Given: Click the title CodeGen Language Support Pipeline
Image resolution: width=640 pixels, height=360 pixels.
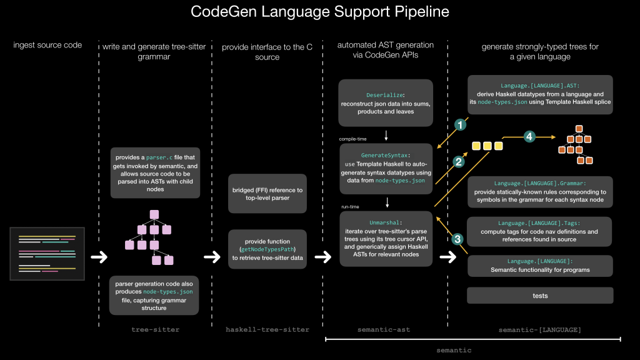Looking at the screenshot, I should [320, 12].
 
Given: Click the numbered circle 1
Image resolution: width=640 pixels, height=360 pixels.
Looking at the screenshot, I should [461, 125].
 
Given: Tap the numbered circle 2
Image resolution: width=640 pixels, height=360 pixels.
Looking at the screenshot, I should [458, 162].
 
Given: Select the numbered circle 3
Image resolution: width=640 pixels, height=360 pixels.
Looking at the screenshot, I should [458, 239].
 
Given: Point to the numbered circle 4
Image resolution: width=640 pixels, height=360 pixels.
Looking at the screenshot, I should [529, 136].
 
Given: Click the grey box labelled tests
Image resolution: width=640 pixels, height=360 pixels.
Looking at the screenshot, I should [540, 296].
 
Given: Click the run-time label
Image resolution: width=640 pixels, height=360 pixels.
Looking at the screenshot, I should [351, 206].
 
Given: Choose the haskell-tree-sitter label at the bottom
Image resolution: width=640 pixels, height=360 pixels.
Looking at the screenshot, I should [267, 329].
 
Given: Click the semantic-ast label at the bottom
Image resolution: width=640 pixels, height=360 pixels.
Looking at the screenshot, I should [384, 329].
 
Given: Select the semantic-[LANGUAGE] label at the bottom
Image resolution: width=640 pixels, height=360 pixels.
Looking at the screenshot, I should [540, 329].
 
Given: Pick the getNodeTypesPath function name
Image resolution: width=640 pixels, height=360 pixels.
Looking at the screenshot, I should [266, 248].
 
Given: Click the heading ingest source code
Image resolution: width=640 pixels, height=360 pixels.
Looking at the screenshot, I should [47, 45].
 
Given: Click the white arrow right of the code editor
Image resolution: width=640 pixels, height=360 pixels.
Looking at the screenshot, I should [99, 256].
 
